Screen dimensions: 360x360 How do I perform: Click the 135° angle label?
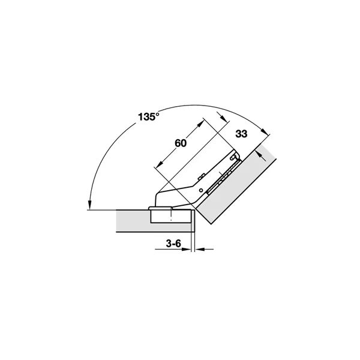(x=148, y=116)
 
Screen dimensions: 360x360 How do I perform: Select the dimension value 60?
(x=181, y=143)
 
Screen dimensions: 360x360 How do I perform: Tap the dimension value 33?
(x=241, y=134)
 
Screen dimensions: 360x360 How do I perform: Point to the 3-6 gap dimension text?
(x=173, y=244)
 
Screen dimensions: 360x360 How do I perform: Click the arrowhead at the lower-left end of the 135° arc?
(x=90, y=205)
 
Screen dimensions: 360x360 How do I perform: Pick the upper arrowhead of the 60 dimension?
(x=200, y=124)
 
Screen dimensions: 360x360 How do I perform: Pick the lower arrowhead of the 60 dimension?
(x=158, y=164)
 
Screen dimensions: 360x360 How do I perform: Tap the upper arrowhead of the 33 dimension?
(x=223, y=118)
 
